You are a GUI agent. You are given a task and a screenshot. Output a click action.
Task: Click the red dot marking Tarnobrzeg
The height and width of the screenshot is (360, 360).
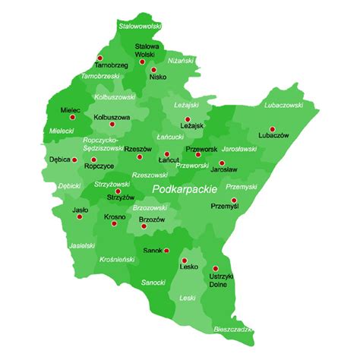click(x=98, y=58)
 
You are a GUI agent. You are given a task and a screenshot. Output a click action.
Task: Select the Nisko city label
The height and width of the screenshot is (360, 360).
click(x=158, y=76)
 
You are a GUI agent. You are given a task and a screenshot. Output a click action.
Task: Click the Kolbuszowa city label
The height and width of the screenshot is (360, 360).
click(x=112, y=118)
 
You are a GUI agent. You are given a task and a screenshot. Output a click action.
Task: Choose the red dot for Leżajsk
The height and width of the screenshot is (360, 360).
click(x=188, y=118)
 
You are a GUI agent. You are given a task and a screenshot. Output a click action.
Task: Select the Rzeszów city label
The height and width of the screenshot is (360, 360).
click(x=138, y=149)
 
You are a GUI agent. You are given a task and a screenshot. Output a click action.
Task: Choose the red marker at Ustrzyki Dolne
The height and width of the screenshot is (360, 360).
click(x=215, y=267)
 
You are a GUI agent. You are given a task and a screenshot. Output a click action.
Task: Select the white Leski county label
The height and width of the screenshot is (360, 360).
click(x=187, y=299)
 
